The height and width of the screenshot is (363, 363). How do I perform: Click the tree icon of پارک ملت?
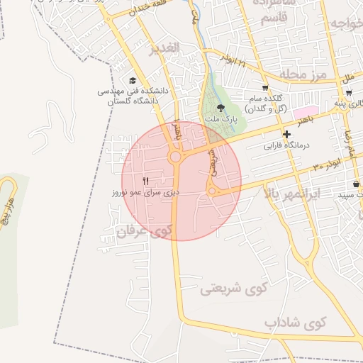coord(220,108)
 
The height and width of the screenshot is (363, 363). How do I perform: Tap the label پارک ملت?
coord(220,120)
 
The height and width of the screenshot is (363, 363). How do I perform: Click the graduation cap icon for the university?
coord(133,81)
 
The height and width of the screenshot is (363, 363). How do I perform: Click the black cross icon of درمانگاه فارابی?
coord(286,134)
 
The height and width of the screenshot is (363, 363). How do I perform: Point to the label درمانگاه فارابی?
coord(288,146)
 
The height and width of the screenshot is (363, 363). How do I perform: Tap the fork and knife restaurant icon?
coord(146,181)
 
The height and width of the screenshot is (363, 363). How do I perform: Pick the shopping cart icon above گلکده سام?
coord(265,87)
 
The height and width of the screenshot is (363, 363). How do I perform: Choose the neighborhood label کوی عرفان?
coord(145,231)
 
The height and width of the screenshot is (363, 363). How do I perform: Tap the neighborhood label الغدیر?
coord(166,48)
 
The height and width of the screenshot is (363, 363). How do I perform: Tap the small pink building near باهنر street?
coord(302,112)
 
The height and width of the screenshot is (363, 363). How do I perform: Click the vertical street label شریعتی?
coord(211,161)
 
